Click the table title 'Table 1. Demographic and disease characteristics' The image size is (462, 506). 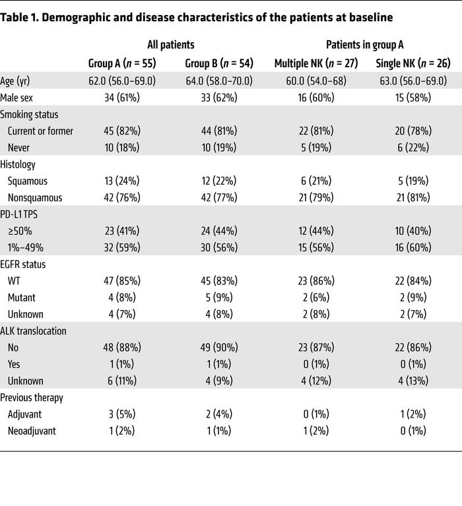[x=197, y=18]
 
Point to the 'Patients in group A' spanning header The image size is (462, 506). [x=364, y=45]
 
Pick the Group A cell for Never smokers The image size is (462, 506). [x=119, y=148]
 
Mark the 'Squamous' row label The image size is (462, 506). [x=28, y=181]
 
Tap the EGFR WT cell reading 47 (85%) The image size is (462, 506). [x=119, y=281]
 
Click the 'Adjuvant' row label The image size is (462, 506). [x=27, y=414]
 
